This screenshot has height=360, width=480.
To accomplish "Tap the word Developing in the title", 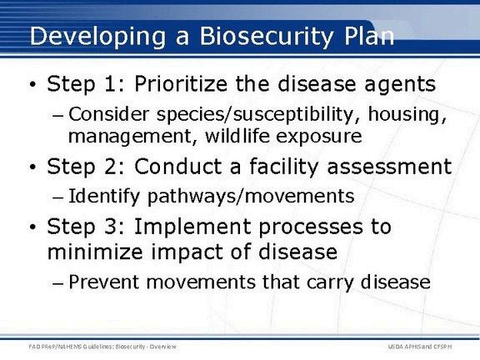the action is pyautogui.click(x=97, y=37).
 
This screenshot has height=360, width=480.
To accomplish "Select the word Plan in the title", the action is pyautogui.click(x=369, y=36).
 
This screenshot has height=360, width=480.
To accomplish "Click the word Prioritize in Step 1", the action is pyautogui.click(x=181, y=84).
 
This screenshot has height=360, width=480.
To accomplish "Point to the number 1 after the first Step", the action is pyautogui.click(x=111, y=84).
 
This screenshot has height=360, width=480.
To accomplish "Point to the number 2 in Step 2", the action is pyautogui.click(x=111, y=167).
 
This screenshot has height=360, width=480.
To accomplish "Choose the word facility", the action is pyautogui.click(x=284, y=167).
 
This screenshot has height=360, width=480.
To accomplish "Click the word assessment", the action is pyautogui.click(x=389, y=167).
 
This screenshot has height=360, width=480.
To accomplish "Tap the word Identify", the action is pyautogui.click(x=104, y=197).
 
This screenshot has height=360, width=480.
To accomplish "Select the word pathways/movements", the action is pyautogui.click(x=251, y=197).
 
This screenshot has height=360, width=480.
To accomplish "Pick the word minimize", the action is pyautogui.click(x=95, y=252).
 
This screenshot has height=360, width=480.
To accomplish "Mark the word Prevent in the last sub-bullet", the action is pyautogui.click(x=104, y=282).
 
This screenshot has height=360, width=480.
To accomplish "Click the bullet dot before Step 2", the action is pyautogui.click(x=32, y=167).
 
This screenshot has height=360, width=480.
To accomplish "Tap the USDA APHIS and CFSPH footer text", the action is pyautogui.click(x=420, y=347).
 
